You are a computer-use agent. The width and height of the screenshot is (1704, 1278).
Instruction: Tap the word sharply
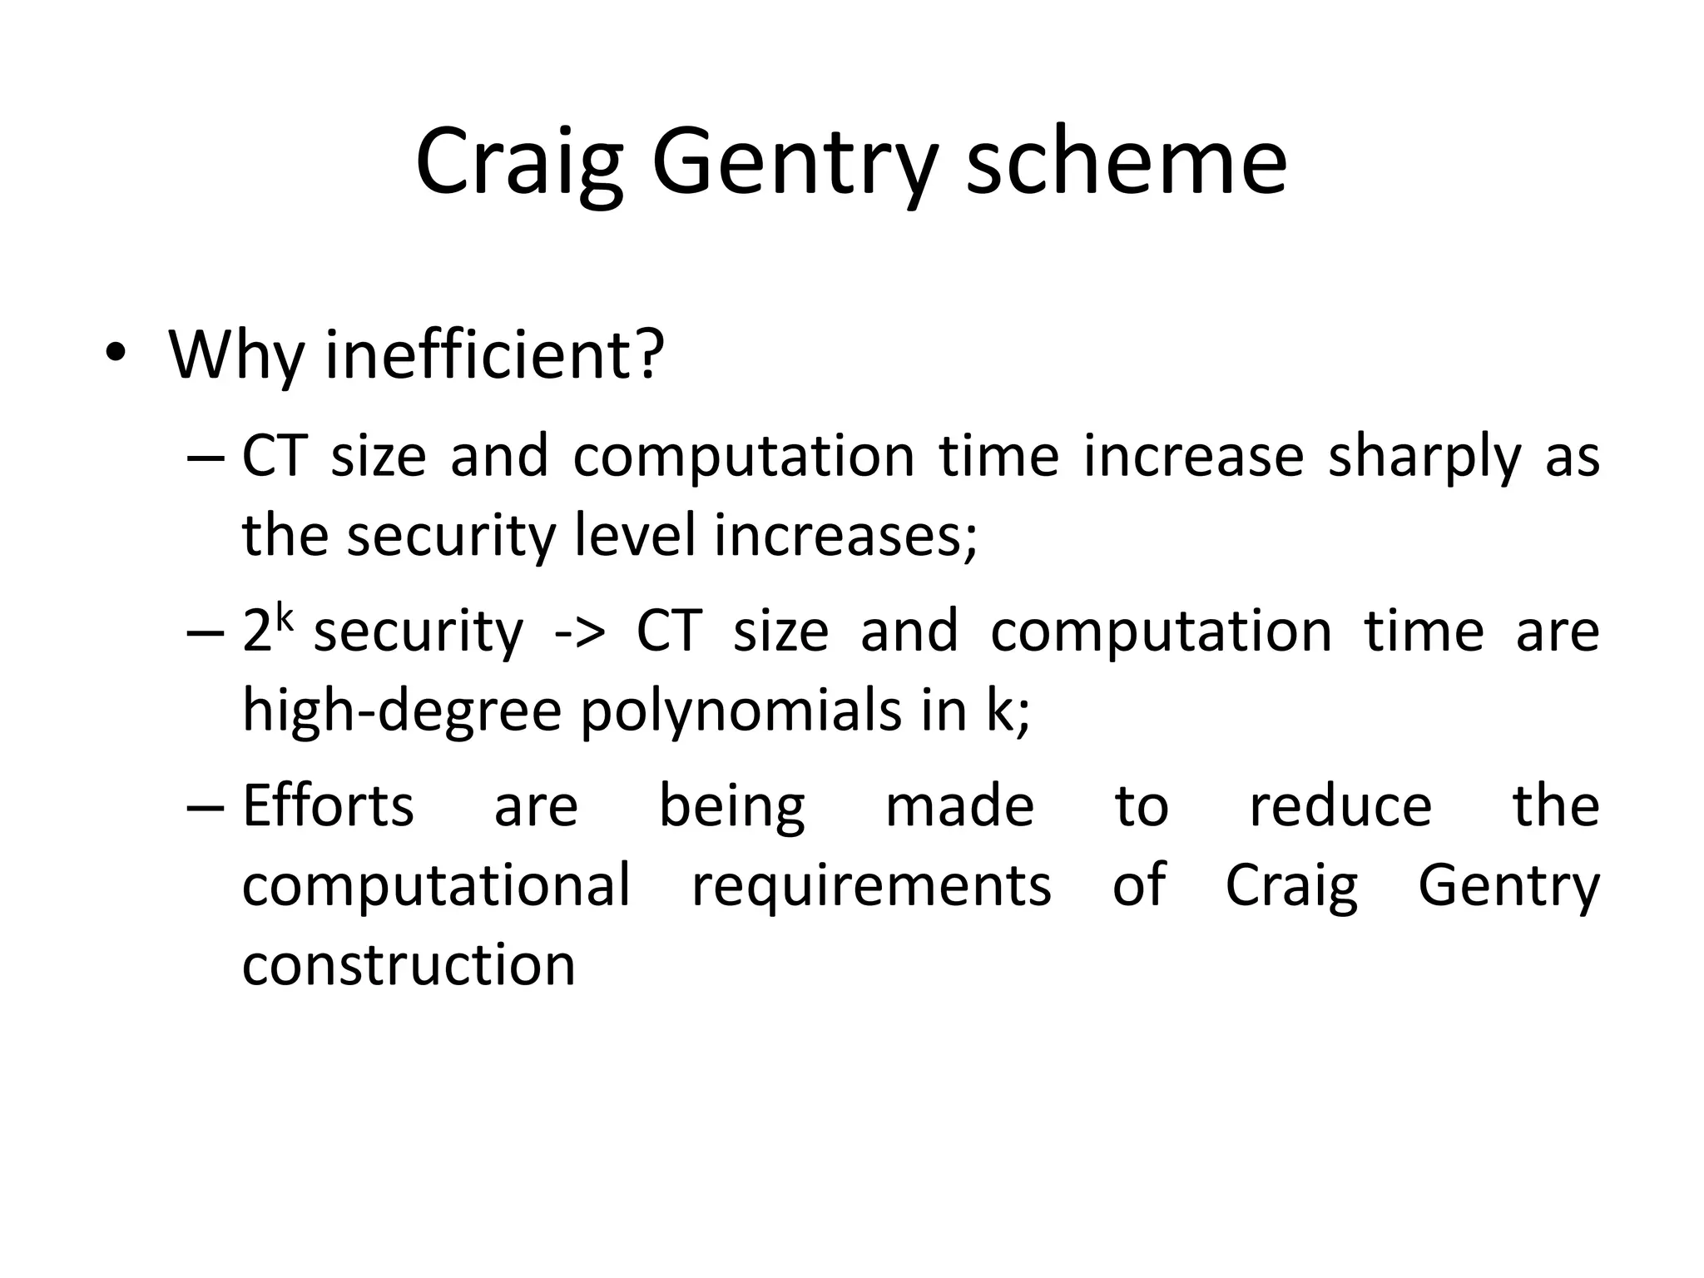click(1424, 457)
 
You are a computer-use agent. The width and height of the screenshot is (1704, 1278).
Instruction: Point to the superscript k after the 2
click(285, 618)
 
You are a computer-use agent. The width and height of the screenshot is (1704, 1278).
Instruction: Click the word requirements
click(871, 885)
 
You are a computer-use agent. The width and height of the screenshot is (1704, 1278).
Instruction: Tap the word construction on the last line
click(409, 964)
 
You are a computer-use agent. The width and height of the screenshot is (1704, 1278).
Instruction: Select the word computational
click(436, 885)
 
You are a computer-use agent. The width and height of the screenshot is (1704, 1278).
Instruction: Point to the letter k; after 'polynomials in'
click(1007, 711)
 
